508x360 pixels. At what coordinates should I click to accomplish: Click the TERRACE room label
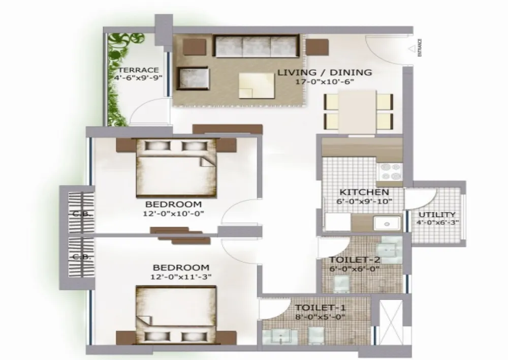point(138,70)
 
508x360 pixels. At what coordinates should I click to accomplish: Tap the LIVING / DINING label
point(325,72)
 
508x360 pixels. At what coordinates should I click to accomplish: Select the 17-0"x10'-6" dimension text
point(324,81)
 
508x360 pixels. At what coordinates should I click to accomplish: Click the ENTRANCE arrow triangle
point(412,49)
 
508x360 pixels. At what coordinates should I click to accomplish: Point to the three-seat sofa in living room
point(256,46)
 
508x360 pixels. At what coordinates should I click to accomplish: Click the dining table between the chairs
point(357,112)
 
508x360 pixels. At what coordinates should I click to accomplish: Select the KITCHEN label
point(364,192)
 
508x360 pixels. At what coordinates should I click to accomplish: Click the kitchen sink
point(387,224)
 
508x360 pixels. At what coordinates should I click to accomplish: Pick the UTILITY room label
point(437,215)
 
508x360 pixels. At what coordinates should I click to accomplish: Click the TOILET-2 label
point(355,260)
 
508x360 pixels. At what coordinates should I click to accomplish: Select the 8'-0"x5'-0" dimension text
point(320,317)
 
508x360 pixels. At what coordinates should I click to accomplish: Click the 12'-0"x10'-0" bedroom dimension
point(173,214)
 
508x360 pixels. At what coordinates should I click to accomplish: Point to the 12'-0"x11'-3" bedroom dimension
point(181,277)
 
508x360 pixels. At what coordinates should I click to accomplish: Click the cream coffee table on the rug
point(257,85)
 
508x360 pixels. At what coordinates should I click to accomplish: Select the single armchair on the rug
point(193,79)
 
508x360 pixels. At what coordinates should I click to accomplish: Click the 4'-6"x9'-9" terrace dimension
point(138,78)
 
